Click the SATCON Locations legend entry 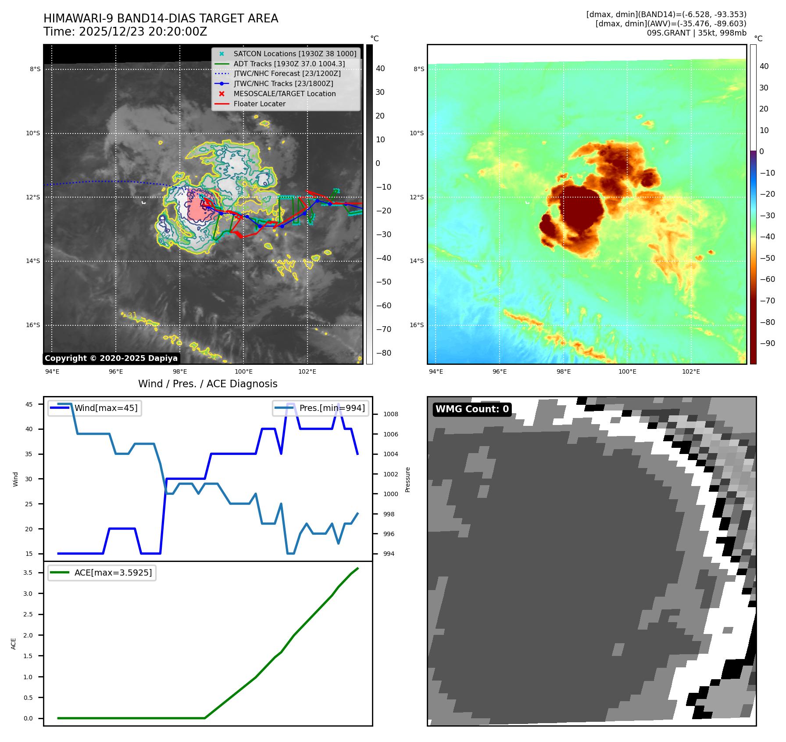[295, 54]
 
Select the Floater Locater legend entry [259, 104]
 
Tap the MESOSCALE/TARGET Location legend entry [284, 94]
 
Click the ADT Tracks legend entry [289, 64]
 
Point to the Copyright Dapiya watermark [111, 358]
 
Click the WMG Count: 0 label [472, 409]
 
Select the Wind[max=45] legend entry [106, 408]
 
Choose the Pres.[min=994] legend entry [332, 408]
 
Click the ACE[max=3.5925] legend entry [113, 573]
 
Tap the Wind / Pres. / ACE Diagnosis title [208, 384]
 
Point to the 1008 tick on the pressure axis [390, 414]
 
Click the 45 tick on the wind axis [29, 404]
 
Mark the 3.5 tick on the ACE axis [28, 573]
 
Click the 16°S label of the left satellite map [33, 325]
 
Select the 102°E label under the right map [691, 372]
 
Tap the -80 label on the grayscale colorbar [383, 353]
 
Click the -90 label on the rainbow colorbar [767, 343]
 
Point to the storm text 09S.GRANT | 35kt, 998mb [697, 33]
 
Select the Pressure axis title [407, 479]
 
